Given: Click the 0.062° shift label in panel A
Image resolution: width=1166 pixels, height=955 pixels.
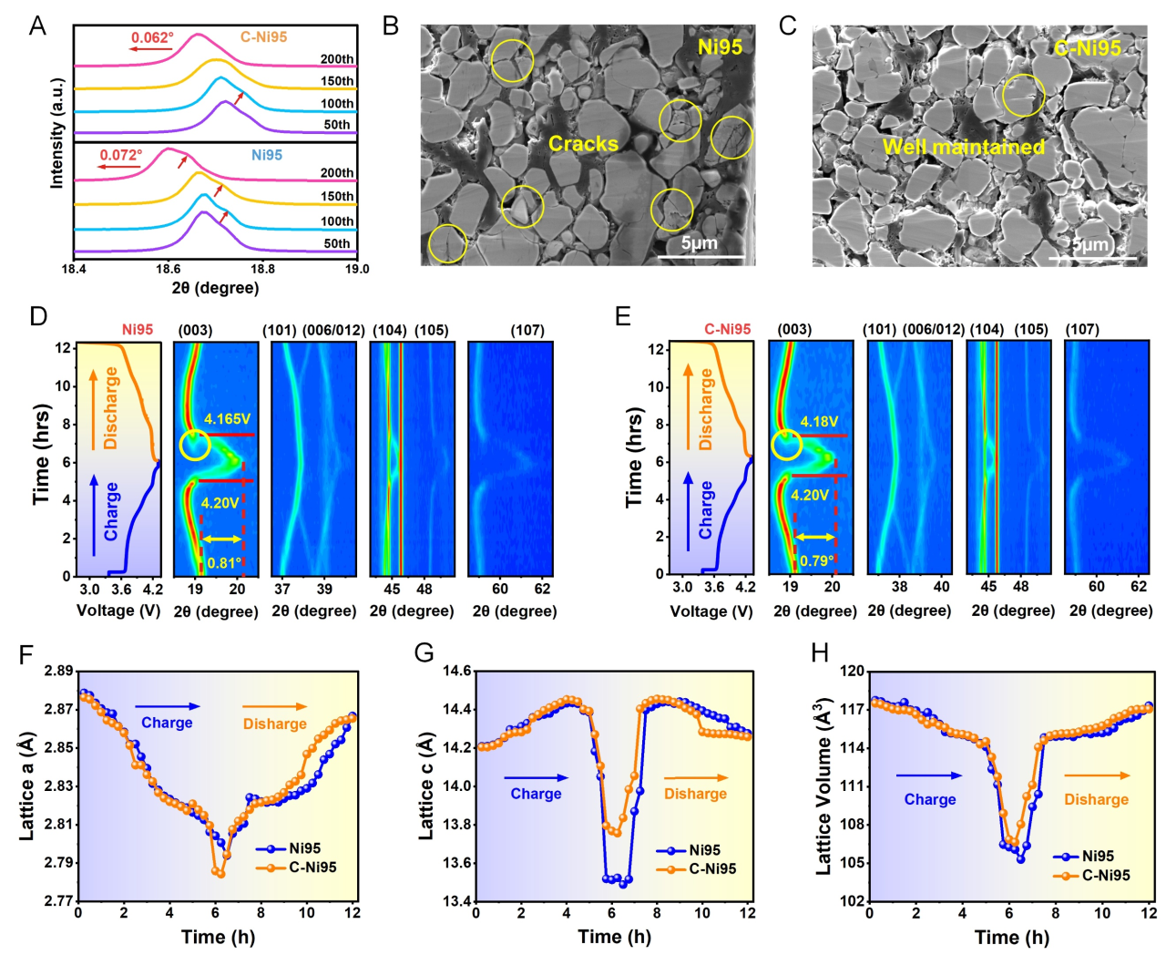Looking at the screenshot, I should click(151, 37).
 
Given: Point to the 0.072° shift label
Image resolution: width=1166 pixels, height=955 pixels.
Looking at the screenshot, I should click(120, 155).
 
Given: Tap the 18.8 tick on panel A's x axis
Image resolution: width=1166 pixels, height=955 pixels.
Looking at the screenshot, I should click(262, 269).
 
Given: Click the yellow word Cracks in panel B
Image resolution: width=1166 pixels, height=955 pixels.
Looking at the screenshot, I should click(583, 143).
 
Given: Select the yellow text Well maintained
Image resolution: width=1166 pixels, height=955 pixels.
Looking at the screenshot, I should click(964, 147).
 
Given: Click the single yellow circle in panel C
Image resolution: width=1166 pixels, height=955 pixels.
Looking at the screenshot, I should click(1023, 96).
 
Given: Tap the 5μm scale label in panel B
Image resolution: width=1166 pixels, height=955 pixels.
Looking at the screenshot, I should click(699, 242).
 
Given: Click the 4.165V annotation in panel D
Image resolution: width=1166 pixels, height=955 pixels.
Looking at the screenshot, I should click(227, 419).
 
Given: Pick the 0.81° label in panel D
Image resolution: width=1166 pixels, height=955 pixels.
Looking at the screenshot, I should click(224, 563).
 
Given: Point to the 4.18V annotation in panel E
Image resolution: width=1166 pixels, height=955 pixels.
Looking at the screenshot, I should click(819, 422).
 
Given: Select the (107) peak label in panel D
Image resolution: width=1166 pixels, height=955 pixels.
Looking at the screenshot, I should click(527, 330).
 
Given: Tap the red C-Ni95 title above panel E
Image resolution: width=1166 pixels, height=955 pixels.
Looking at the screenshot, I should click(727, 329).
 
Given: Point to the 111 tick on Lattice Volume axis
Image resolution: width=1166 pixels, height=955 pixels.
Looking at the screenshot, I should click(853, 786).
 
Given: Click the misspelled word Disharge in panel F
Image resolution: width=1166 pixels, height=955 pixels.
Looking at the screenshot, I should click(274, 724).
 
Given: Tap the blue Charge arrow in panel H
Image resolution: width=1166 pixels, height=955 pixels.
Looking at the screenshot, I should click(928, 775).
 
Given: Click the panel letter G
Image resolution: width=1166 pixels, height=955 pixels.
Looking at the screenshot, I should click(424, 653).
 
